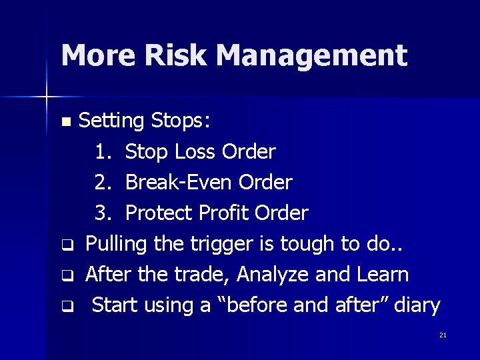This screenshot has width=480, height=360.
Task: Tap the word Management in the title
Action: (x=311, y=55)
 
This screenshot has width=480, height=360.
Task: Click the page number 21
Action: (x=443, y=335)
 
